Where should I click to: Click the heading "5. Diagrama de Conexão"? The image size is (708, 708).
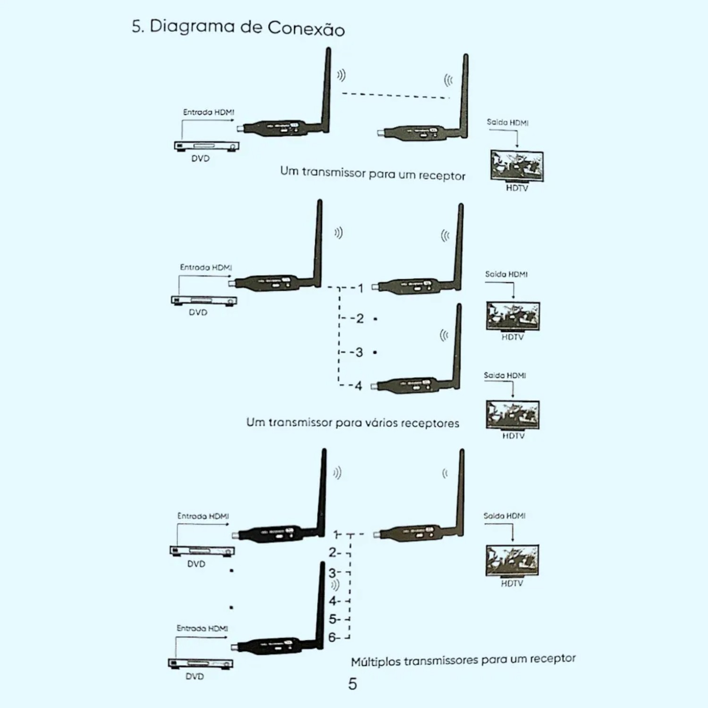238,27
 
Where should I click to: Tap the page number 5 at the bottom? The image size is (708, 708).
353,684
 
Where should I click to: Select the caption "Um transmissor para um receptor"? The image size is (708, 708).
372,173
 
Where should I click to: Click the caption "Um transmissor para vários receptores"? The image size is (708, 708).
353,422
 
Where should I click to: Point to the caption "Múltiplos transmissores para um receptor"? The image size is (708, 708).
463,660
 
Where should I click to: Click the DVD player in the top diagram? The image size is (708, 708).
206,146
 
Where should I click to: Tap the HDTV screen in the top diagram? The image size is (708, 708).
517,165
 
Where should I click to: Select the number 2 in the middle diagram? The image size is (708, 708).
360,319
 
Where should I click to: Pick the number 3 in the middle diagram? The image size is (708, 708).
359,352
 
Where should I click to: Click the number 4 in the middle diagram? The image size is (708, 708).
359,386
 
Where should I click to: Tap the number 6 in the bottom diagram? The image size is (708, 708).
332,637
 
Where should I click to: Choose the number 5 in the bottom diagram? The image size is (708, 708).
333,619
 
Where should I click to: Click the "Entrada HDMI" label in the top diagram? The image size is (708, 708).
209,112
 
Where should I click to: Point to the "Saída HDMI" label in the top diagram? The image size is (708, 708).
507,123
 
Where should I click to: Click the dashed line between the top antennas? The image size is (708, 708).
396,95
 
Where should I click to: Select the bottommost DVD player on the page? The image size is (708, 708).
200,663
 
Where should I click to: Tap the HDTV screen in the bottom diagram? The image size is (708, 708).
512,560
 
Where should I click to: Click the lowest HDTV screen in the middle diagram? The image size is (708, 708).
513,414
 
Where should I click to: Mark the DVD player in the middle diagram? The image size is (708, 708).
204,300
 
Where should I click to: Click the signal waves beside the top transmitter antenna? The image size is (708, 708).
341,75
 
